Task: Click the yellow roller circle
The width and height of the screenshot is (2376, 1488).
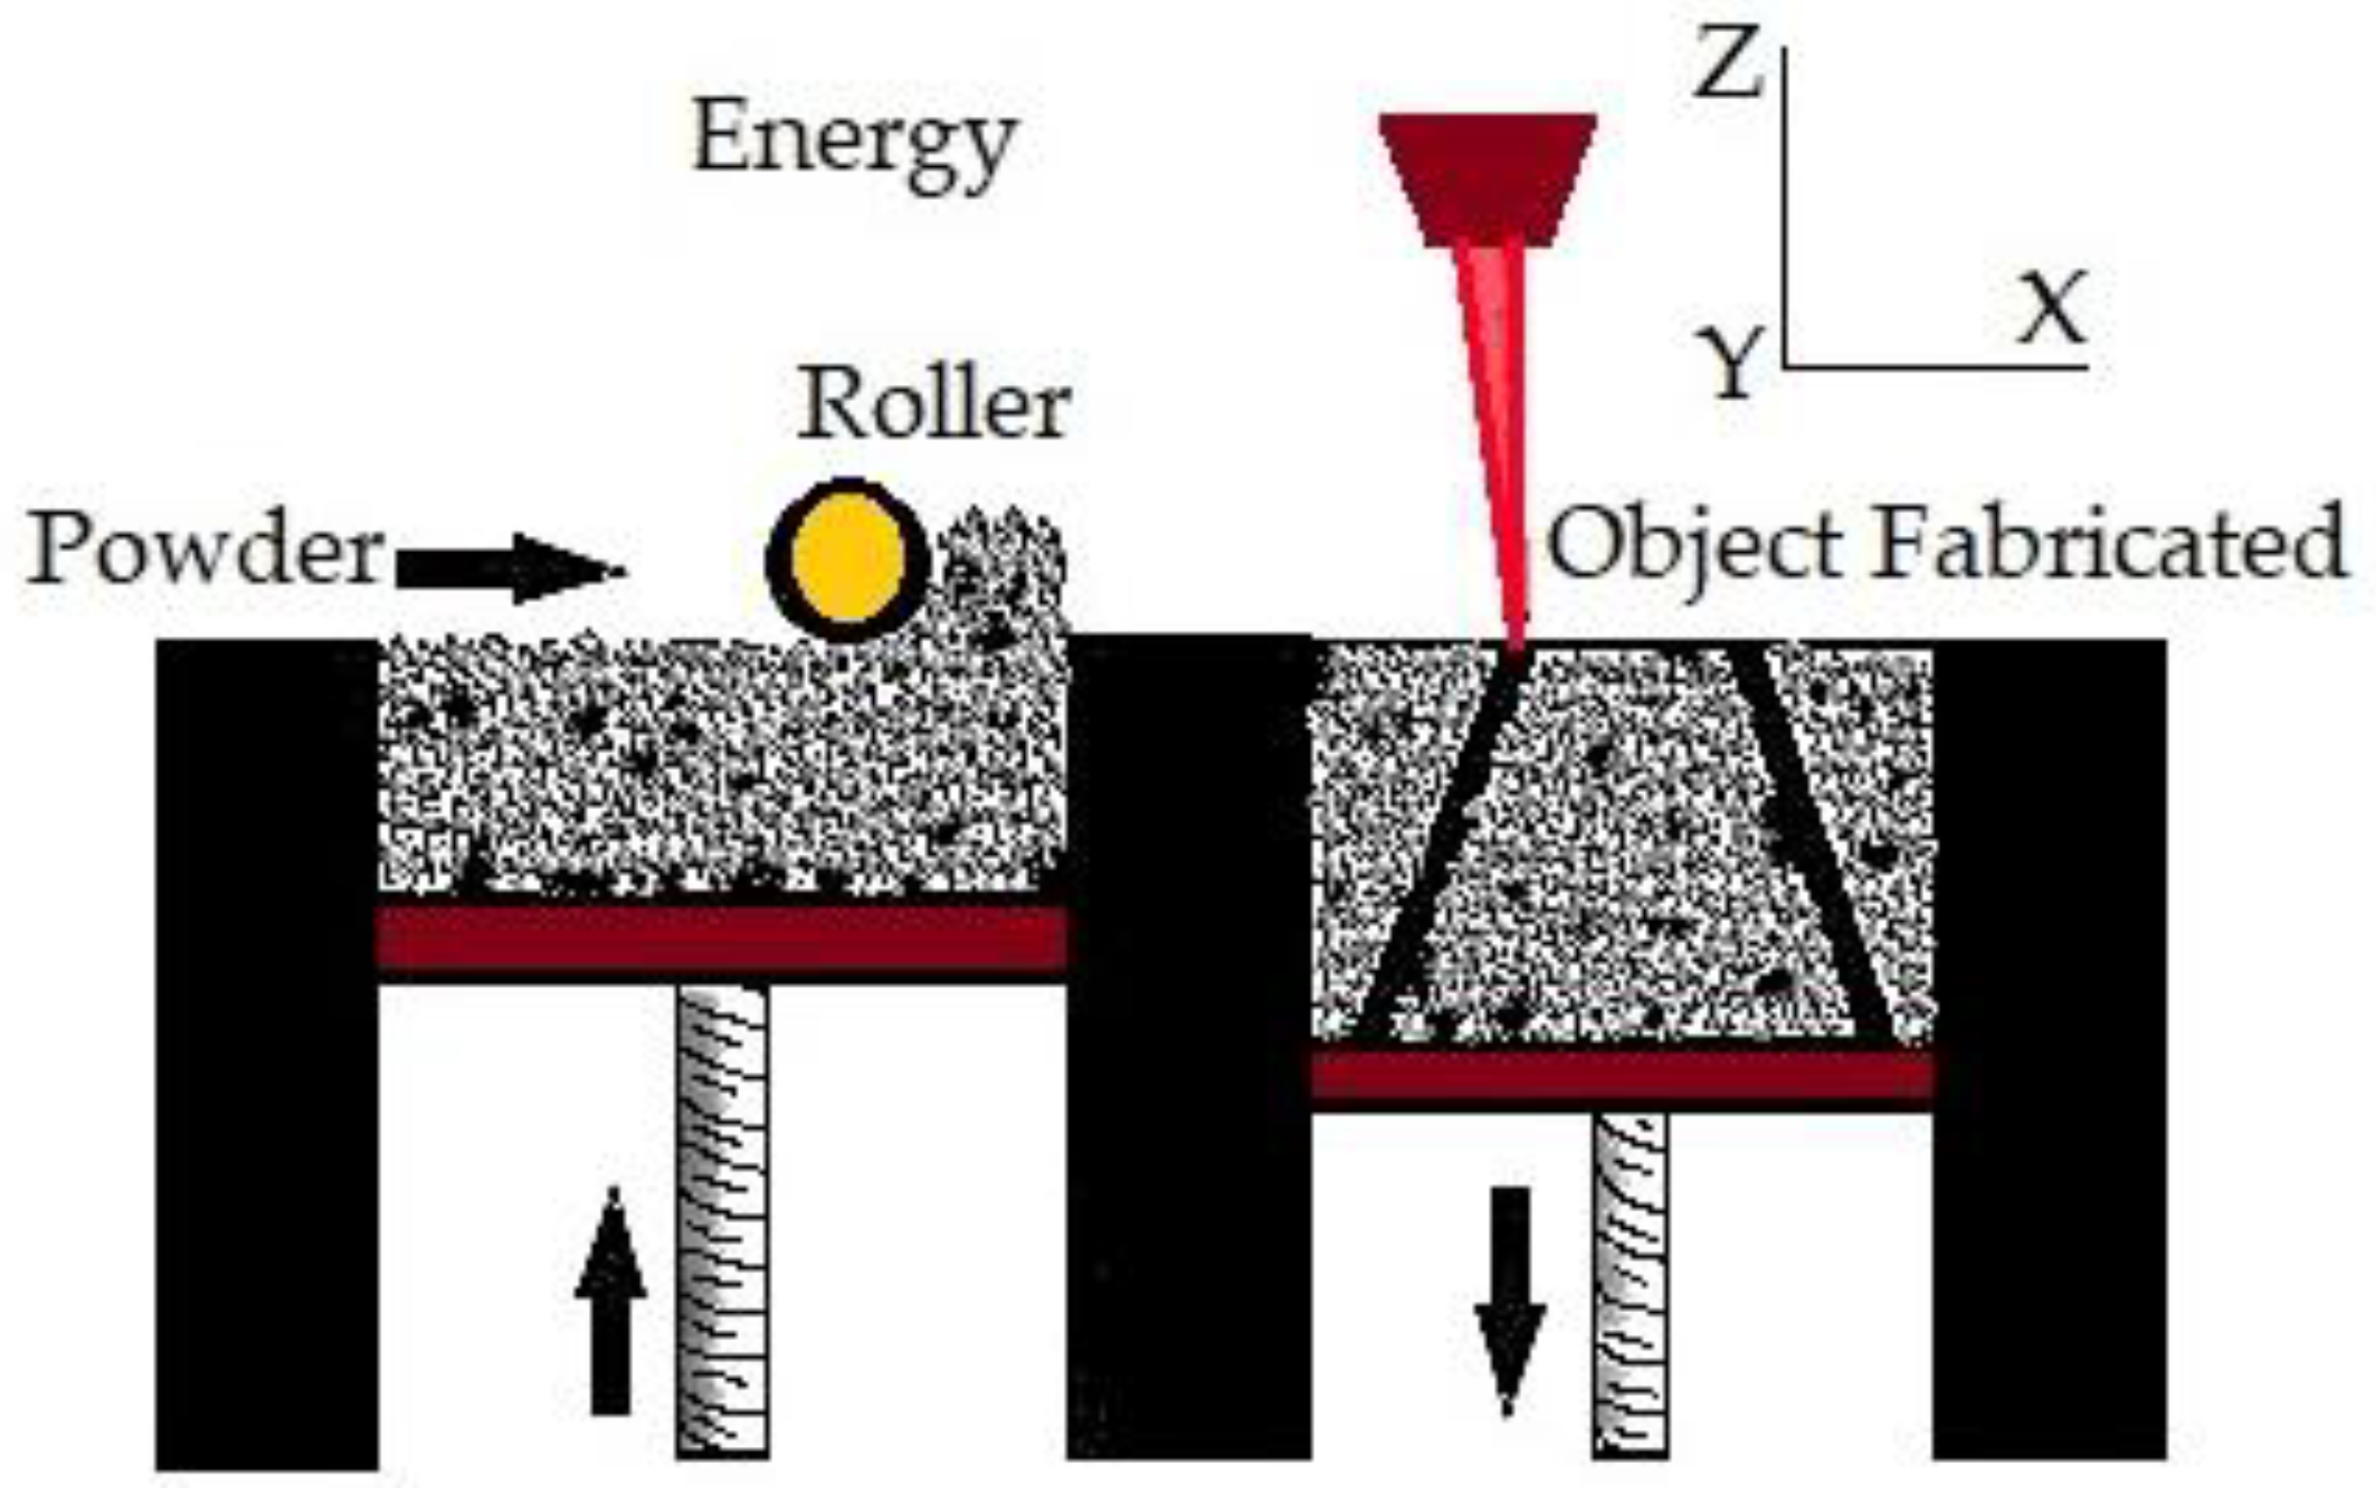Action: pyautogui.click(x=847, y=558)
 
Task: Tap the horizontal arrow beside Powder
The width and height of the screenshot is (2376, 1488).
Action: pyautogui.click(x=507, y=568)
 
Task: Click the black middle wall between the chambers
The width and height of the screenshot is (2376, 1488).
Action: pyautogui.click(x=1188, y=1043)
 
